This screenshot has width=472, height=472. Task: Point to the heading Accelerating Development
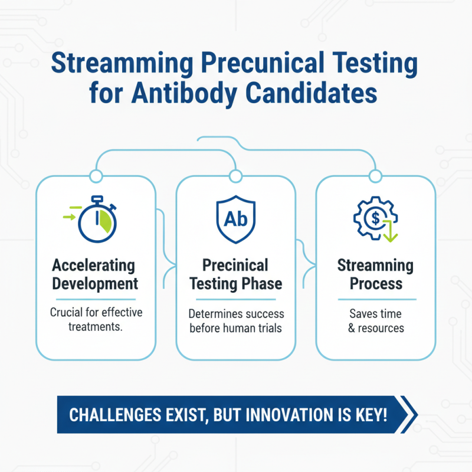coord(95,274)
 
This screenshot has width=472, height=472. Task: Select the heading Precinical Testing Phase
coord(235,274)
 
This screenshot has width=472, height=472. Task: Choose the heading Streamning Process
coord(375,274)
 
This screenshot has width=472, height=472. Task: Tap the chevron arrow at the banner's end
coord(408,414)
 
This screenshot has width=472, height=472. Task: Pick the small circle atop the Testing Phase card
coord(235,175)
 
